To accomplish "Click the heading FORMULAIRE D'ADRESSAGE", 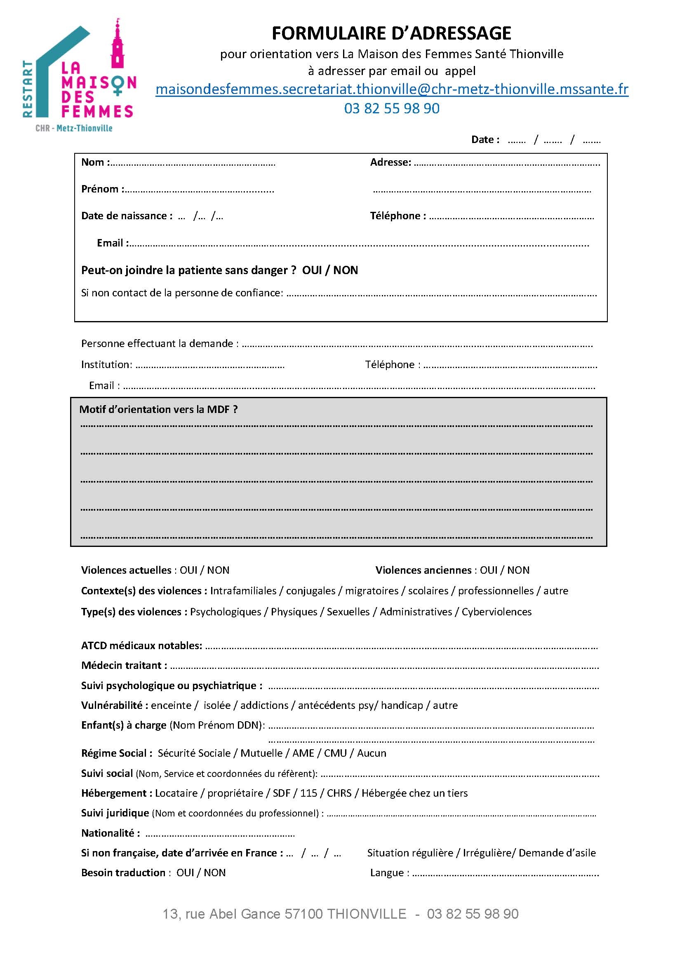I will pyautogui.click(x=391, y=33).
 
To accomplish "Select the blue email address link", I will pyautogui.click(x=391, y=89).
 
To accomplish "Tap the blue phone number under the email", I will pyautogui.click(x=391, y=109).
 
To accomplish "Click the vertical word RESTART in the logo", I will pyautogui.click(x=28, y=89).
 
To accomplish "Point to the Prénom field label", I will pyautogui.click(x=102, y=189).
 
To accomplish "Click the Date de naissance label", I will pyautogui.click(x=127, y=216).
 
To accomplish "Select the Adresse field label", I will pyautogui.click(x=390, y=162).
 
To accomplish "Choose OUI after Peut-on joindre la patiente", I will pyautogui.click(x=312, y=270).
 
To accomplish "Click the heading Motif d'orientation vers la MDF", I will pyautogui.click(x=158, y=409).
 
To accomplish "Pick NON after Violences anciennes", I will pyautogui.click(x=518, y=570).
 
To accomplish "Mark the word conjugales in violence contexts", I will pyautogui.click(x=310, y=591).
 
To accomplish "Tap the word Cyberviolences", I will pyautogui.click(x=496, y=612).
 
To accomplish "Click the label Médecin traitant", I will pyautogui.click(x=123, y=666).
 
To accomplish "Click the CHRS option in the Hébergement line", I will pyautogui.click(x=339, y=793).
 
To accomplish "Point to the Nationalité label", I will pyautogui.click(x=110, y=833).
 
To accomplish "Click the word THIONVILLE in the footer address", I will pyautogui.click(x=366, y=914).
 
